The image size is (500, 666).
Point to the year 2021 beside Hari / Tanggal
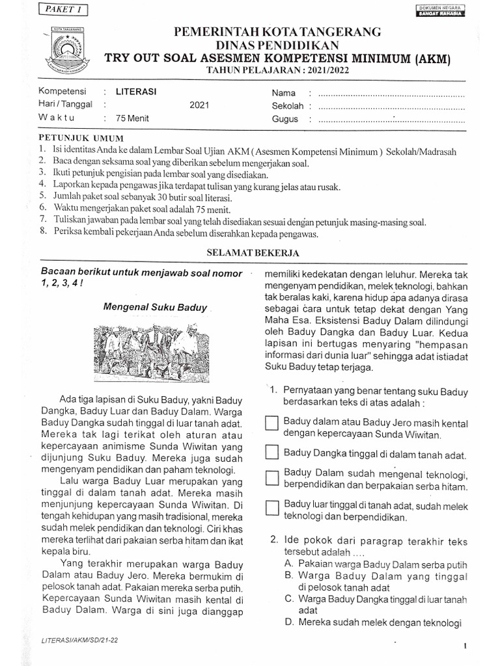click(x=199, y=105)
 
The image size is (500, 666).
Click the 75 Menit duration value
click(x=132, y=118)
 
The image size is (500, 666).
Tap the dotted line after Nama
click(x=389, y=94)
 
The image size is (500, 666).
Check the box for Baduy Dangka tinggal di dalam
click(x=272, y=452)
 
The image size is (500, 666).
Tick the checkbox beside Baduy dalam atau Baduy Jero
click(x=272, y=423)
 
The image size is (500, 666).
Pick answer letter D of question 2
click(x=288, y=622)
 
